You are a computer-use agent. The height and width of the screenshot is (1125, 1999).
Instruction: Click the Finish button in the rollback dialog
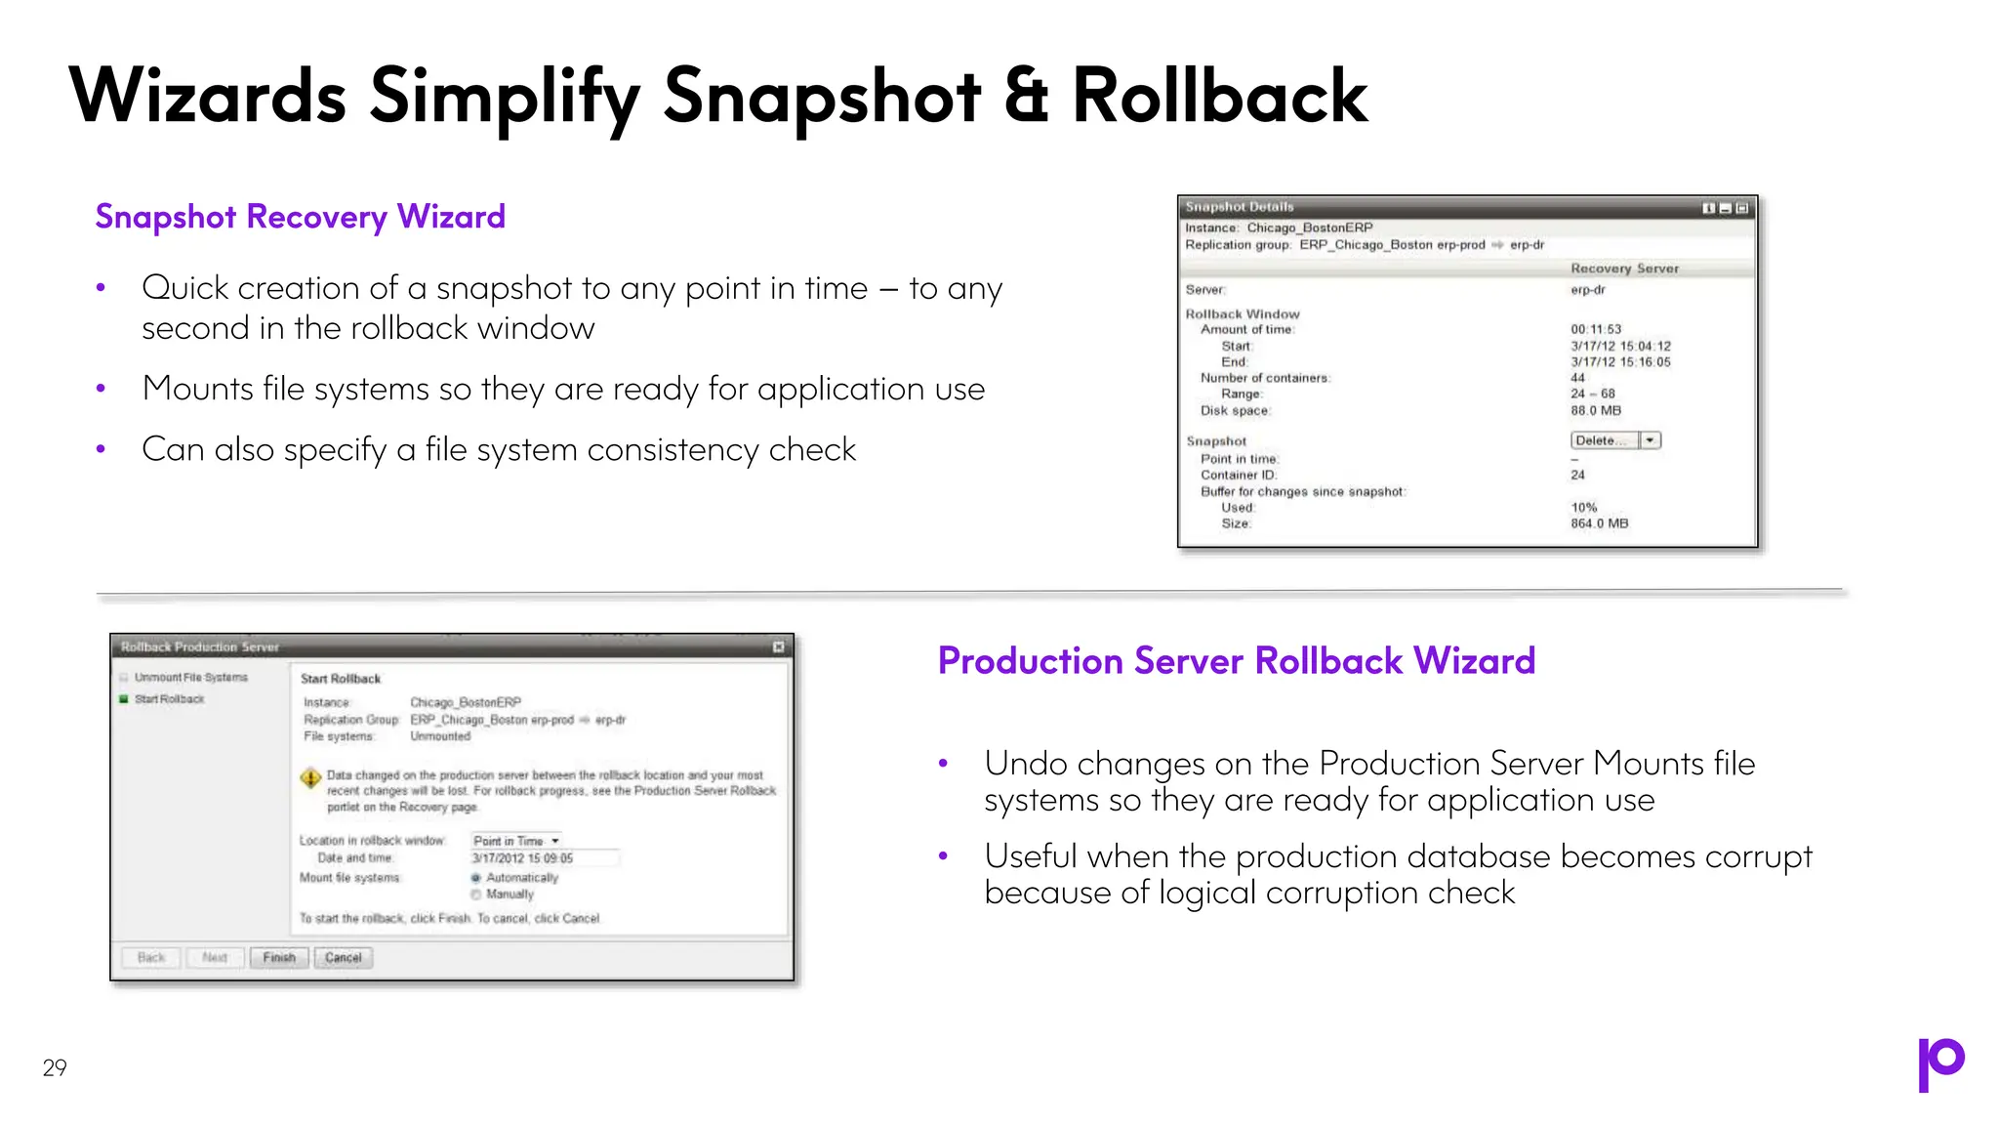click(279, 957)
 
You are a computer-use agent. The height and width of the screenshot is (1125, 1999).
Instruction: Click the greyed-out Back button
click(151, 957)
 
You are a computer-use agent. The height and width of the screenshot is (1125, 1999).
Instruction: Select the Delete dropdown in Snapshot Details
click(1614, 440)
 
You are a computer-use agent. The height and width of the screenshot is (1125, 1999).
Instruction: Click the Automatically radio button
click(476, 878)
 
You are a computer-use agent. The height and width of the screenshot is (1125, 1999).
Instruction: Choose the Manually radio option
click(476, 895)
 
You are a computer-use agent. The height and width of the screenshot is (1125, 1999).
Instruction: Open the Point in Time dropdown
click(516, 841)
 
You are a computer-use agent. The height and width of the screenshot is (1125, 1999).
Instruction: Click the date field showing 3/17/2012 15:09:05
click(543, 858)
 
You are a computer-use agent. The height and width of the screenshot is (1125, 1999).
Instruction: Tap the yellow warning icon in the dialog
click(310, 778)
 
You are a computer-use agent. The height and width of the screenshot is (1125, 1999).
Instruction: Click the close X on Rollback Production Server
click(778, 646)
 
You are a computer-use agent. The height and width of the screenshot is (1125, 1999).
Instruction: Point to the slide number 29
click(55, 1067)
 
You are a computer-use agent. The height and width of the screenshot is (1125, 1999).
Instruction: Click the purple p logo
click(1940, 1063)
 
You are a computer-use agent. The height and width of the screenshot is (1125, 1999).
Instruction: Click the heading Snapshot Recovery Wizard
click(300, 217)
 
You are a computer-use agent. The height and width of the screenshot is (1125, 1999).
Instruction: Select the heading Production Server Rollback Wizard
click(1236, 661)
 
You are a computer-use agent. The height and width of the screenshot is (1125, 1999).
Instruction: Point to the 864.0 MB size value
click(1599, 523)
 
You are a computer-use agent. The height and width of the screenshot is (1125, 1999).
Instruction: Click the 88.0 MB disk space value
click(1595, 410)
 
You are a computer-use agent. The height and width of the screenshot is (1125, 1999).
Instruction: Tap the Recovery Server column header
click(1624, 269)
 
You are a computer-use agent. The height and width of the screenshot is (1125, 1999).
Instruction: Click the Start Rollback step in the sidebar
click(169, 699)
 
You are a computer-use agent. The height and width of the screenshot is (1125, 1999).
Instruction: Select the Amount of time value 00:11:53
click(1595, 329)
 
